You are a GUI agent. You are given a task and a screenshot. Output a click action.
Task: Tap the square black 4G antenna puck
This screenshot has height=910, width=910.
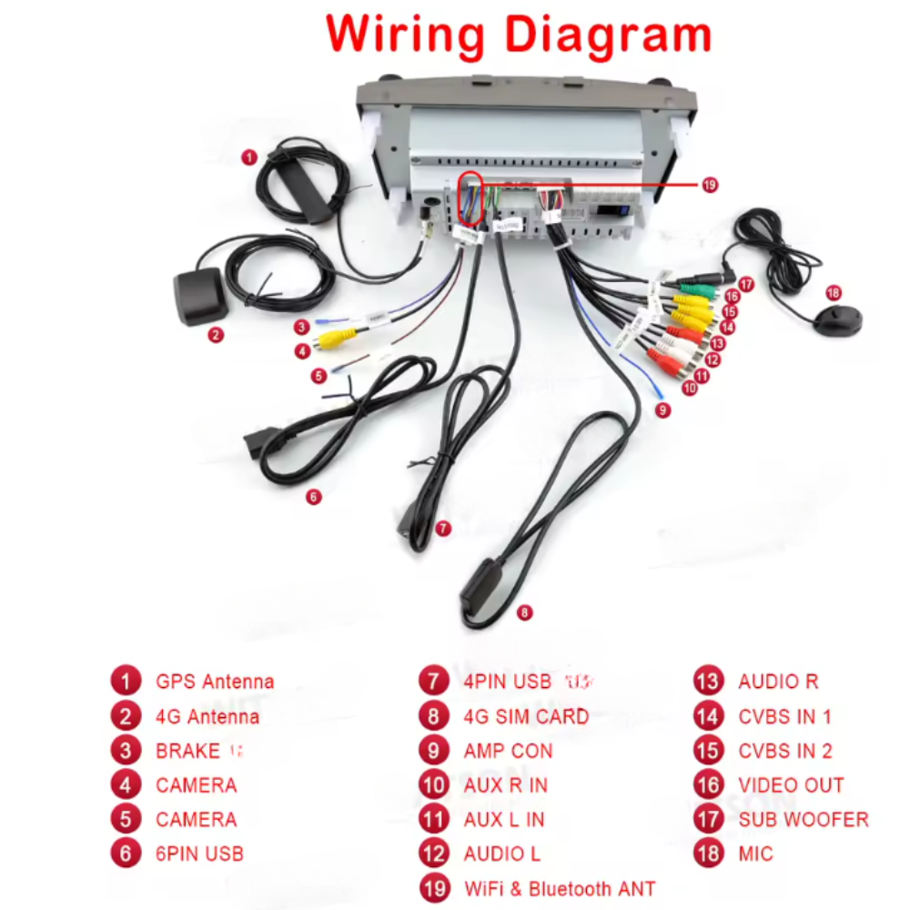point(200,297)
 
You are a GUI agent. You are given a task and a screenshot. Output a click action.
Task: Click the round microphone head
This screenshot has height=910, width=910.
point(835,319)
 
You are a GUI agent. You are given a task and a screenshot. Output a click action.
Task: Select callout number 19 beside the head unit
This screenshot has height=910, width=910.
point(710,185)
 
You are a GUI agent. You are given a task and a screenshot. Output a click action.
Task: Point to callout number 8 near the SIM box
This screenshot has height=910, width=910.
point(524,612)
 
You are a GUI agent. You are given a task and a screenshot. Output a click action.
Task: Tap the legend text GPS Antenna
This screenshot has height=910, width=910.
point(215,682)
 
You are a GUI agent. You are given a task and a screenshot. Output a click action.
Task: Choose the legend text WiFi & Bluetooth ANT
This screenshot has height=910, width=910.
point(559,888)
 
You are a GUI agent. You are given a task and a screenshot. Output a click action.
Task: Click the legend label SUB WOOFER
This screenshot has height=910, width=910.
point(803,820)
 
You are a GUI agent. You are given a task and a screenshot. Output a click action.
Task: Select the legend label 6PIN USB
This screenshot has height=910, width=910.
point(199,854)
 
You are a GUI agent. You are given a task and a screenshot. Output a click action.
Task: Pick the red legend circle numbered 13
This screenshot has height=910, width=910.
point(708,682)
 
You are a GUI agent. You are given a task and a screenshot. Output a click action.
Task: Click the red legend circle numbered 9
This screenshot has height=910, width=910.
point(434,751)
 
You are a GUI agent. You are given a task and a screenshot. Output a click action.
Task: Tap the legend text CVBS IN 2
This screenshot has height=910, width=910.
point(784,751)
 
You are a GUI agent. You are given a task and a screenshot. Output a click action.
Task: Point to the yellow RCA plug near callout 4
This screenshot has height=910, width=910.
point(333,339)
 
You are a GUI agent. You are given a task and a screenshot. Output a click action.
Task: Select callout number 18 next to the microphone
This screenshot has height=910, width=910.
point(833,292)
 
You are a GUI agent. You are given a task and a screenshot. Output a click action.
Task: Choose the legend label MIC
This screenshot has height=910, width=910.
point(755,854)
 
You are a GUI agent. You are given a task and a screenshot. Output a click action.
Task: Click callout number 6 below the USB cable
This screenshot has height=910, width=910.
point(313,497)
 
